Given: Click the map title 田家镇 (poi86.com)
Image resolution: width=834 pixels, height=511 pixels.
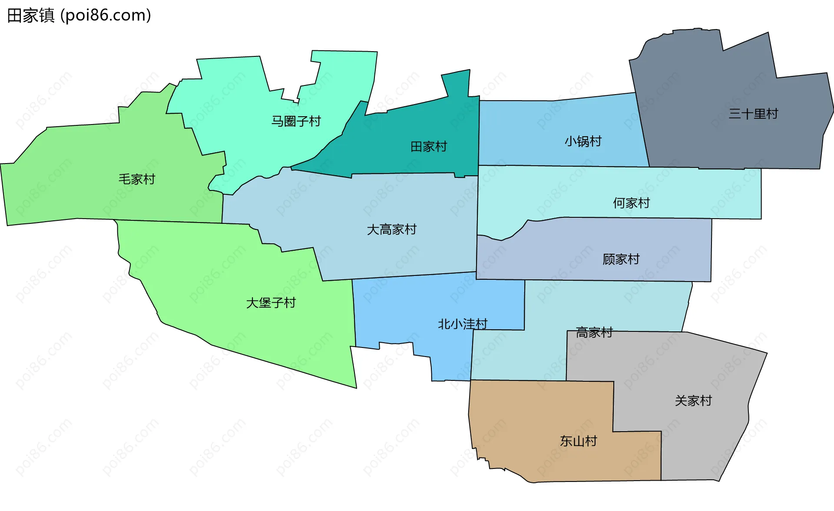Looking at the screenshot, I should [x=79, y=16].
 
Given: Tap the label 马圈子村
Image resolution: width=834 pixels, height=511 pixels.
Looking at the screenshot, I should [x=296, y=121].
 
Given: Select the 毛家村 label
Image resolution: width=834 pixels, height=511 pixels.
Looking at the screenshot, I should [x=137, y=179].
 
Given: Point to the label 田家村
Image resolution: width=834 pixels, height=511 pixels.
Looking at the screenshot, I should [x=429, y=147].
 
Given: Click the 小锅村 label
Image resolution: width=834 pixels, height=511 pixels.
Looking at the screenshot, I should [x=583, y=141].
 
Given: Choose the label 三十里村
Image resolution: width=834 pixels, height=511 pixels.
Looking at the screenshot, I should [x=753, y=114].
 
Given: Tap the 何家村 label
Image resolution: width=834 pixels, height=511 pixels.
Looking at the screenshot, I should [x=631, y=203].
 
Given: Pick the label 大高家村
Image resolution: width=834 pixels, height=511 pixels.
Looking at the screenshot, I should [x=391, y=229].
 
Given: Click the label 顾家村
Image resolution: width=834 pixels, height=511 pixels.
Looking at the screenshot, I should [x=621, y=259].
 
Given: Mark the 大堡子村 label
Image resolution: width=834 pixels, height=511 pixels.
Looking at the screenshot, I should [x=271, y=303].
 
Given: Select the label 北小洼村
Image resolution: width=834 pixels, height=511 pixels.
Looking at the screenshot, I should [x=463, y=324].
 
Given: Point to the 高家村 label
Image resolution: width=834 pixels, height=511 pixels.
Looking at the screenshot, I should [x=594, y=333].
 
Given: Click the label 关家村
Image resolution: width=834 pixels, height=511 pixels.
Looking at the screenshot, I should [x=693, y=401].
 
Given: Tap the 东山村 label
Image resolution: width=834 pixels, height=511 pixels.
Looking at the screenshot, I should [x=578, y=441].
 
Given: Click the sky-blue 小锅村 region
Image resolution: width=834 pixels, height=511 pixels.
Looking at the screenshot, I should [x=543, y=130].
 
